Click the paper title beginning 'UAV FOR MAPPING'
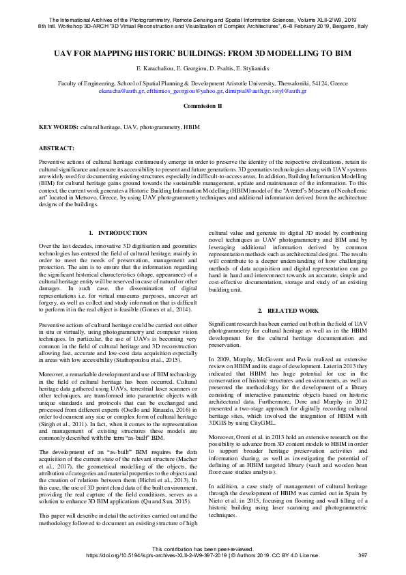pos(203,52)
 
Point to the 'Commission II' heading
pos(203,107)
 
